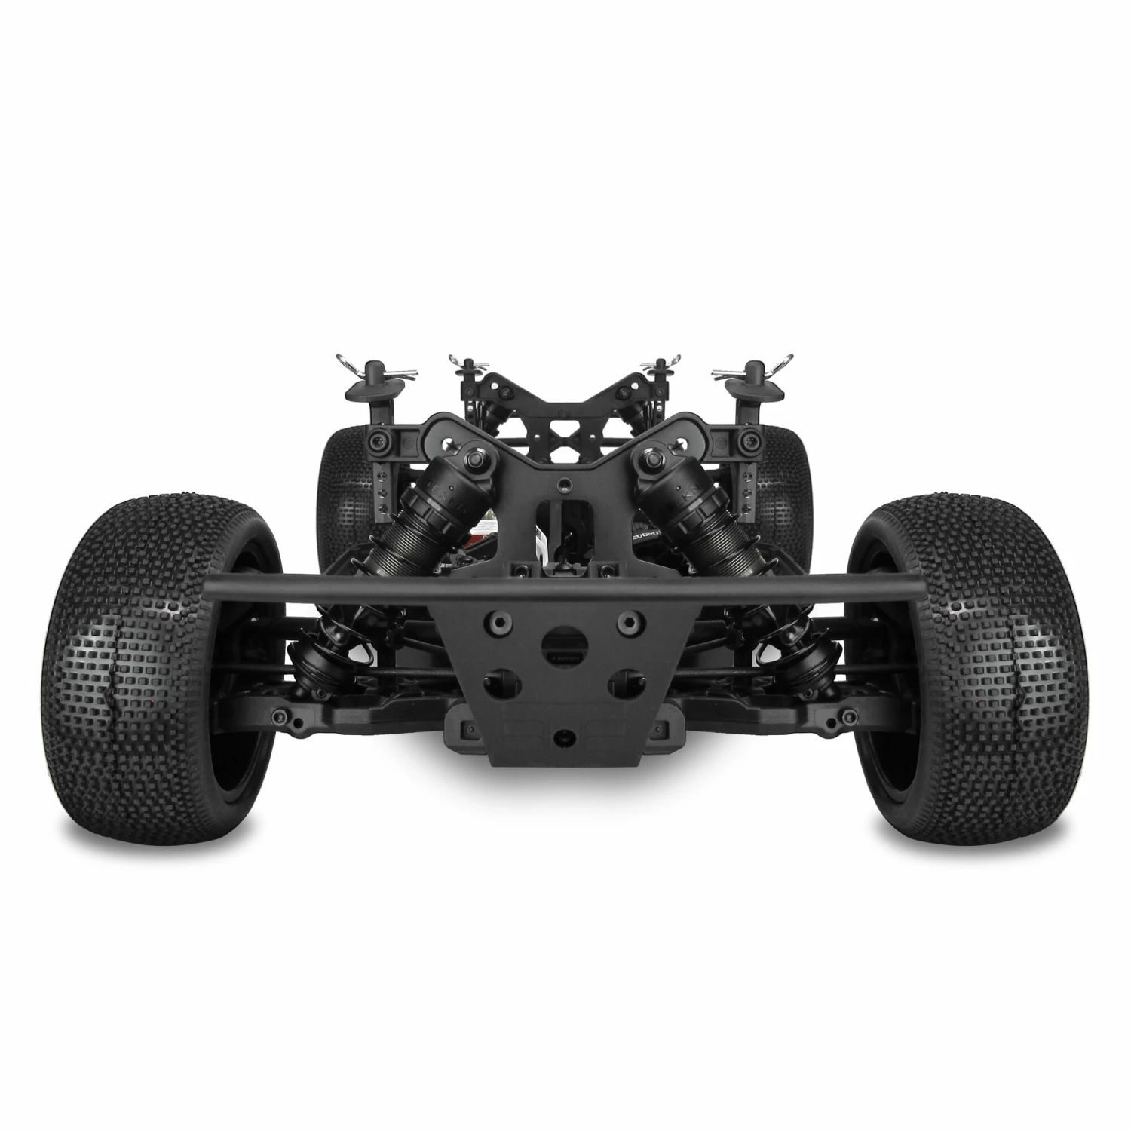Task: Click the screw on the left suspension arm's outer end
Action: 280,713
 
